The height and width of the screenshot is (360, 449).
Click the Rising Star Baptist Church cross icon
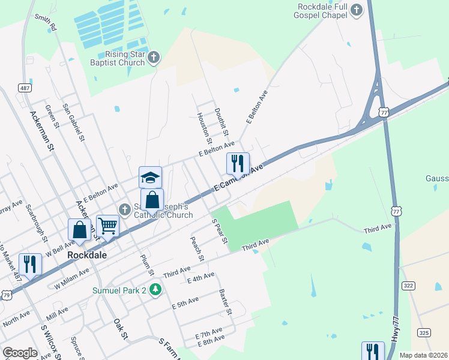pos(154,58)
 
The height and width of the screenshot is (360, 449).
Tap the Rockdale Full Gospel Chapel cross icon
pos(357,10)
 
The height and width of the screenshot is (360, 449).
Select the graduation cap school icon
pos(150,177)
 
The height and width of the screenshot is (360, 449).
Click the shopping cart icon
pos(107,226)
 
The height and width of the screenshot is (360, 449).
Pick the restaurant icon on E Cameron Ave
pos(238,163)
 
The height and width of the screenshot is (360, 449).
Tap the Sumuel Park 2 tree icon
pos(156,290)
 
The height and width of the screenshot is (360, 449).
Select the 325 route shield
pos(424,332)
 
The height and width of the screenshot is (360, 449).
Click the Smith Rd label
pos(46,22)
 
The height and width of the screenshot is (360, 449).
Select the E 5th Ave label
pos(185,302)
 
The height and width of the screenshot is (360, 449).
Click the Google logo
pos(19,353)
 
